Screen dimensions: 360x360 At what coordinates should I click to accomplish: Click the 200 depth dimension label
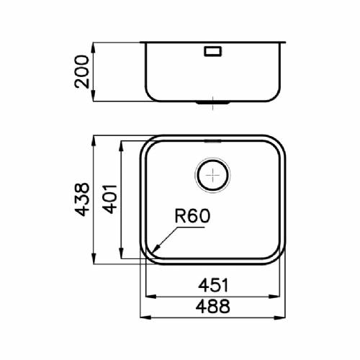click(x=82, y=72)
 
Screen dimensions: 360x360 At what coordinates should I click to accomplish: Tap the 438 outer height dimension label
click(x=82, y=199)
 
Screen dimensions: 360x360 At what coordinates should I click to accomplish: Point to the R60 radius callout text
click(x=192, y=216)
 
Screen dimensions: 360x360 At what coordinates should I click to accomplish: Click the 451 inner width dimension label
click(x=213, y=285)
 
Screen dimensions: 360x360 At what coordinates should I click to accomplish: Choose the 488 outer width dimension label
click(x=213, y=306)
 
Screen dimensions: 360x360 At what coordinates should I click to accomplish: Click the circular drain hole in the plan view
click(x=213, y=175)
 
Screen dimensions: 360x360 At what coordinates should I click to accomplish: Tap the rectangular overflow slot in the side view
click(x=213, y=51)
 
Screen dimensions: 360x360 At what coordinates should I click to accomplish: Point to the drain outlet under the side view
click(x=213, y=103)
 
